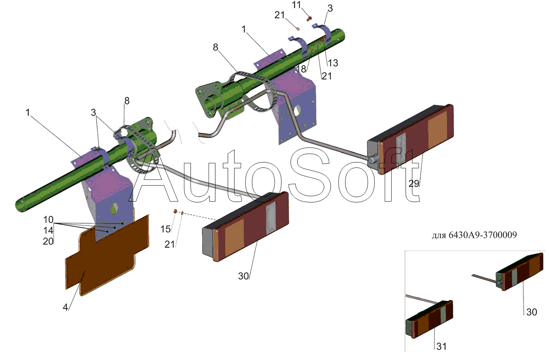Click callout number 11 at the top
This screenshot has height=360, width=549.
pyautogui.click(x=296, y=5)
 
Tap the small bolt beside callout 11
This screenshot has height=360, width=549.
pyautogui.click(x=309, y=18)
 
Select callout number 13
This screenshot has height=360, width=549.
pyautogui.click(x=333, y=63)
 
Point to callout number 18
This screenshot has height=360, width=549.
pyautogui.click(x=301, y=69)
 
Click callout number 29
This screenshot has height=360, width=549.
pyautogui.click(x=414, y=183)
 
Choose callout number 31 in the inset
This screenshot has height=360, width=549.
pyautogui.click(x=441, y=346)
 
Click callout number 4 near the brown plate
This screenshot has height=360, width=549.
pyautogui.click(x=65, y=307)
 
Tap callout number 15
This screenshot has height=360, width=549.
pyautogui.click(x=165, y=229)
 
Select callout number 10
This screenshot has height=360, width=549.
pyautogui.click(x=48, y=220)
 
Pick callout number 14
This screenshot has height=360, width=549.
pyautogui.click(x=48, y=231)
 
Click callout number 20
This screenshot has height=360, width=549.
pyautogui.click(x=48, y=241)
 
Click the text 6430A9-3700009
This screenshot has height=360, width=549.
pyautogui.click(x=483, y=235)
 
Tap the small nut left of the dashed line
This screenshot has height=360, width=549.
pyautogui.click(x=175, y=211)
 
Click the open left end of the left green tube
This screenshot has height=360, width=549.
pyautogui.click(x=21, y=205)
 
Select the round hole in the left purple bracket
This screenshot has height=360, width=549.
pyautogui.click(x=114, y=209)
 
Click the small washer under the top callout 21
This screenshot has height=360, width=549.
pyautogui.click(x=298, y=29)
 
